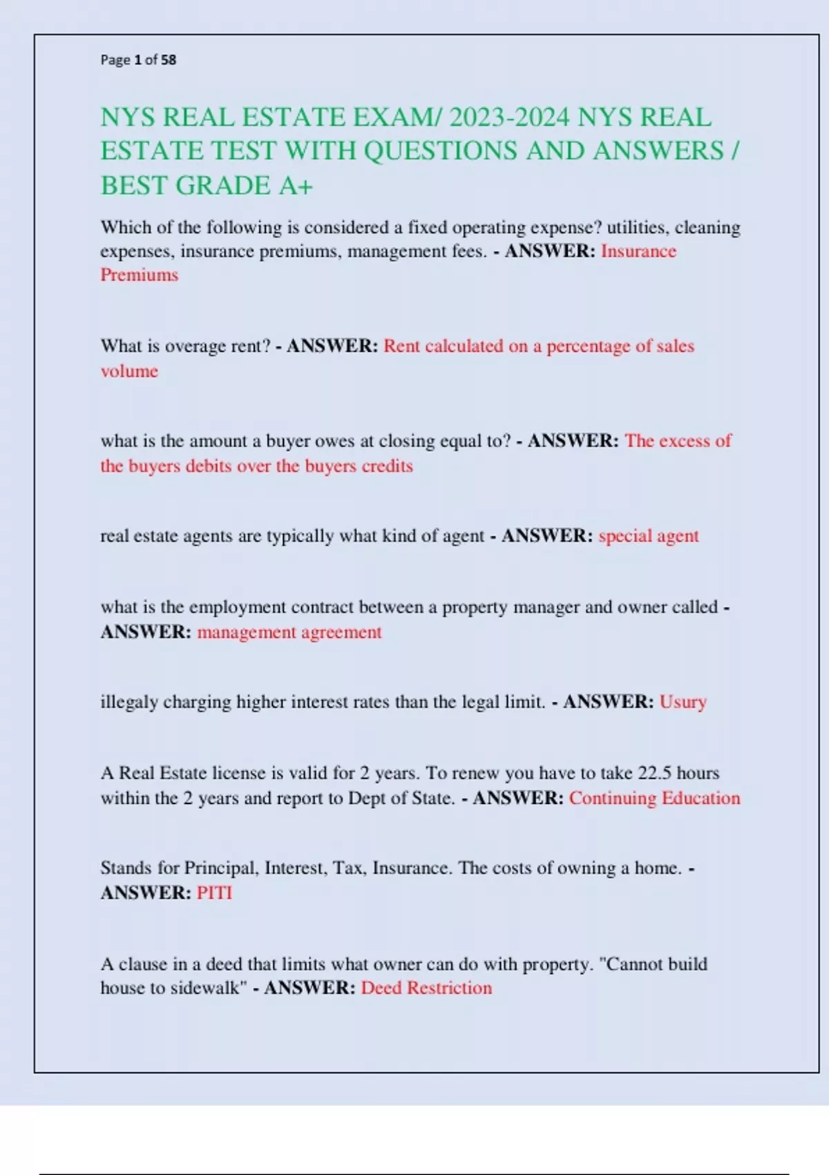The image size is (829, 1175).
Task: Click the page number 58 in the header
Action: coord(169,60)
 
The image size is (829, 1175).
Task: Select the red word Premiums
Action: coord(140,275)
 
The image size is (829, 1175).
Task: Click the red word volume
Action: coord(129,371)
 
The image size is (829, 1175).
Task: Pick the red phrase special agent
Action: coord(648,536)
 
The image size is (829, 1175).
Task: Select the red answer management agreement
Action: coord(289,632)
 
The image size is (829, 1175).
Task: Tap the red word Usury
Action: coord(683,702)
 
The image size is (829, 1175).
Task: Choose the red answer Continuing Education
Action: coord(654,798)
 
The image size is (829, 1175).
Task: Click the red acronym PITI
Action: coord(214,892)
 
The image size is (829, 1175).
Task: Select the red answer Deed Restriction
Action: coord(426,988)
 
